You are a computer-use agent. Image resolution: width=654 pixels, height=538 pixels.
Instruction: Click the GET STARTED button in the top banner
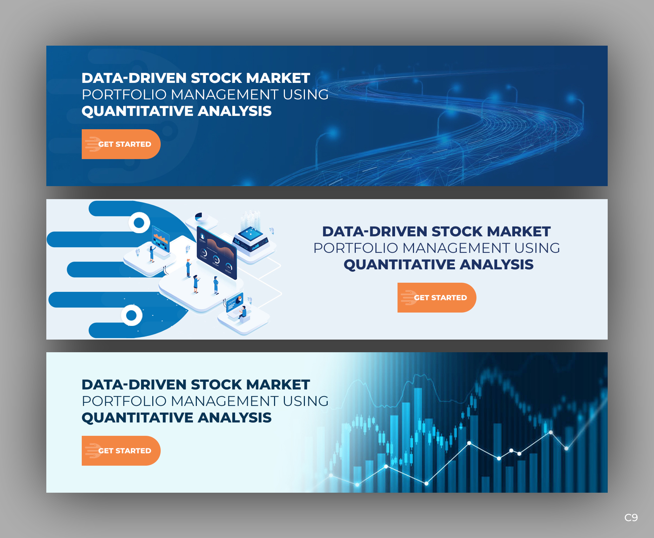pos(121,144)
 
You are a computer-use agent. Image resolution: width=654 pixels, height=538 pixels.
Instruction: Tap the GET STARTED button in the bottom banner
pos(121,451)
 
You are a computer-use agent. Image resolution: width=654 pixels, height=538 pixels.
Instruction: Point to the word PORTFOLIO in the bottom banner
pos(124,401)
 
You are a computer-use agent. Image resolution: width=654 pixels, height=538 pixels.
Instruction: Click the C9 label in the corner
pos(631,517)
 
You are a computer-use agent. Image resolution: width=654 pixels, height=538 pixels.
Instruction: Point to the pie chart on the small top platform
pos(199,217)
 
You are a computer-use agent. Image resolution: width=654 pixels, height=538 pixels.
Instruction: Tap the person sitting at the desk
pos(243,312)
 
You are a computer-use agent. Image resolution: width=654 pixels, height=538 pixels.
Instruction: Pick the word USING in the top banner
pos(306,94)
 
